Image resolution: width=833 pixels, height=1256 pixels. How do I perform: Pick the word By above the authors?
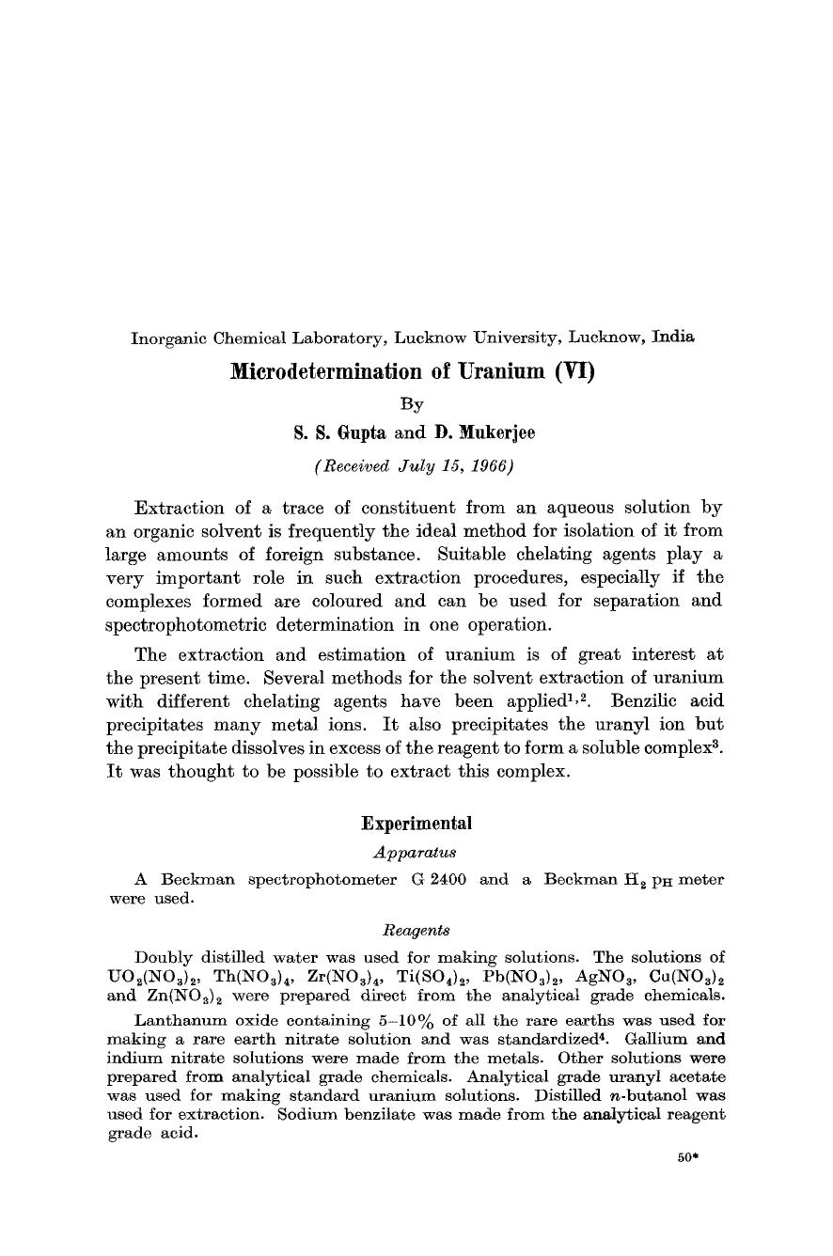(412, 403)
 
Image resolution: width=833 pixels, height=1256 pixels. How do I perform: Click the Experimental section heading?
(416, 824)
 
